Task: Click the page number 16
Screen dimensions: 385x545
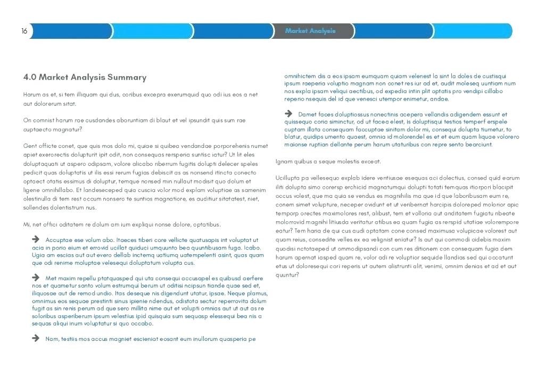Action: click(x=24, y=31)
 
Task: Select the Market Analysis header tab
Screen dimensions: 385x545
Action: click(x=310, y=31)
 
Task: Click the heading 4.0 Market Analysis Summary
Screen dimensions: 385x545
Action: click(x=85, y=78)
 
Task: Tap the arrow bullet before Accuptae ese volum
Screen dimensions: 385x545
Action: click(x=36, y=240)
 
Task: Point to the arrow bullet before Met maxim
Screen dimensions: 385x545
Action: click(x=36, y=278)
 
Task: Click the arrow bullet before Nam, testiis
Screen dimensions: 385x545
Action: click(x=36, y=338)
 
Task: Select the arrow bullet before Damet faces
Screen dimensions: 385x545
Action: click(x=288, y=114)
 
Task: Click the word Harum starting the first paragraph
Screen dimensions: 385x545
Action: click(x=32, y=95)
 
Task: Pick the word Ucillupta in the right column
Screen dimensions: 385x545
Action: click(x=288, y=178)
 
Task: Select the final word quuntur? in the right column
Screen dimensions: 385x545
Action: click(x=287, y=275)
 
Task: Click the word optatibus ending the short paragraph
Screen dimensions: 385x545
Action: click(x=205, y=224)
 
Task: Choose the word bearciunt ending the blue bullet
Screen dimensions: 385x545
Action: click(x=478, y=145)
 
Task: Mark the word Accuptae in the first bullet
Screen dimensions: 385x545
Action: click(x=59, y=240)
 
